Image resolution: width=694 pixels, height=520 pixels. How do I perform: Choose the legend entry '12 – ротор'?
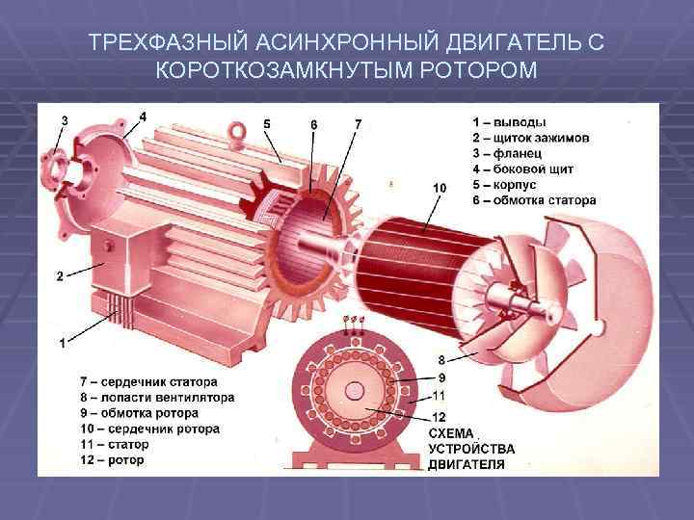[x=113, y=460]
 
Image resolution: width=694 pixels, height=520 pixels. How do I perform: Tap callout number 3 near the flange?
[x=64, y=120]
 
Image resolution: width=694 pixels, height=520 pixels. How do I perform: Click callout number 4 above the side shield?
[x=143, y=116]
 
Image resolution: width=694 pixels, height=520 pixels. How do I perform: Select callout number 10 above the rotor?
[x=440, y=187]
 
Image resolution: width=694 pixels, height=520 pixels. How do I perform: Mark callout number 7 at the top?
[x=358, y=123]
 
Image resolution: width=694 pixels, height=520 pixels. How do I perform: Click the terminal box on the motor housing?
[x=116, y=265]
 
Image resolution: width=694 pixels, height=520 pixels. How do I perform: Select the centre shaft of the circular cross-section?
[x=355, y=392]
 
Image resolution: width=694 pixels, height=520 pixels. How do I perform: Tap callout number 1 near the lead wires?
[x=62, y=342]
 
